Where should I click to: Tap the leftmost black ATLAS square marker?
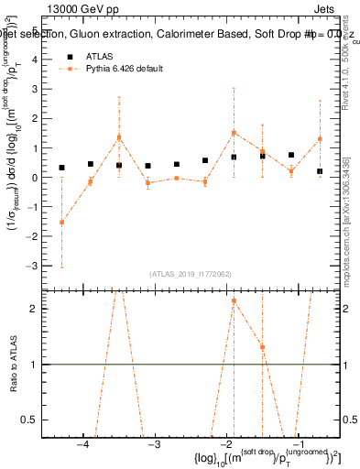(61, 168)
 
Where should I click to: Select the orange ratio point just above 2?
(234, 300)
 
